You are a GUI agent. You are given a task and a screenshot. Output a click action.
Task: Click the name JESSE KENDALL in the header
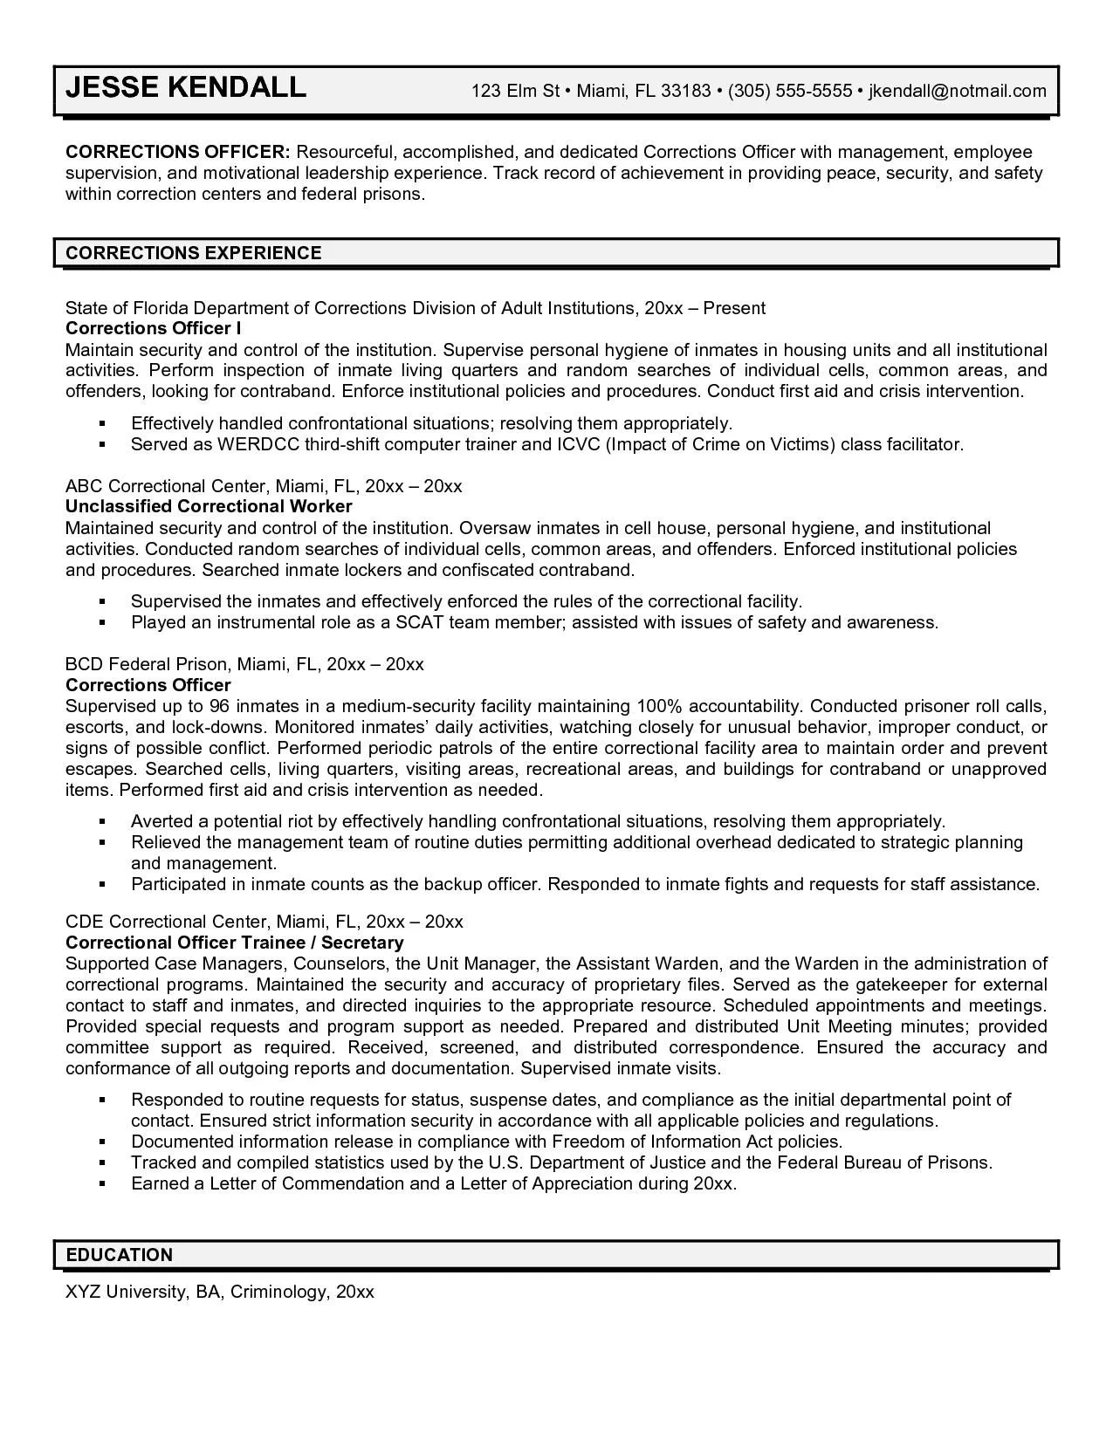coord(186,87)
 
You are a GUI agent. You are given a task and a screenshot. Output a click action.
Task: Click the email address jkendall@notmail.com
coord(957,91)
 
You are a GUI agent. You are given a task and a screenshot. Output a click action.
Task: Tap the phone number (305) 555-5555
coord(789,91)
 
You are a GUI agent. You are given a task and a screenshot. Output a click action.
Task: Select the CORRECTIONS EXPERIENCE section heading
coord(194,253)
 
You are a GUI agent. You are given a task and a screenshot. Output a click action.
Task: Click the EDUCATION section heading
coord(120,1255)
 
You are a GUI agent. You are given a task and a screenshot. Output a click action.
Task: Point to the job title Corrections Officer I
coord(154,328)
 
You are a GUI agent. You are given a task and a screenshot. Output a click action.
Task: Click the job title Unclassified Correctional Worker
coord(209,506)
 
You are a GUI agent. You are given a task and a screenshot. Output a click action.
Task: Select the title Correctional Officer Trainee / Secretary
coord(235,943)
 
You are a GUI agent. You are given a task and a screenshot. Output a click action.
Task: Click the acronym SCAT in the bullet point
coord(423,622)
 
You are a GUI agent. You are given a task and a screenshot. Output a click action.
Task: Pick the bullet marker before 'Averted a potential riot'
coord(102,822)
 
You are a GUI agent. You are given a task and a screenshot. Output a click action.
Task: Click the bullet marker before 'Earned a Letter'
coord(102,1184)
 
